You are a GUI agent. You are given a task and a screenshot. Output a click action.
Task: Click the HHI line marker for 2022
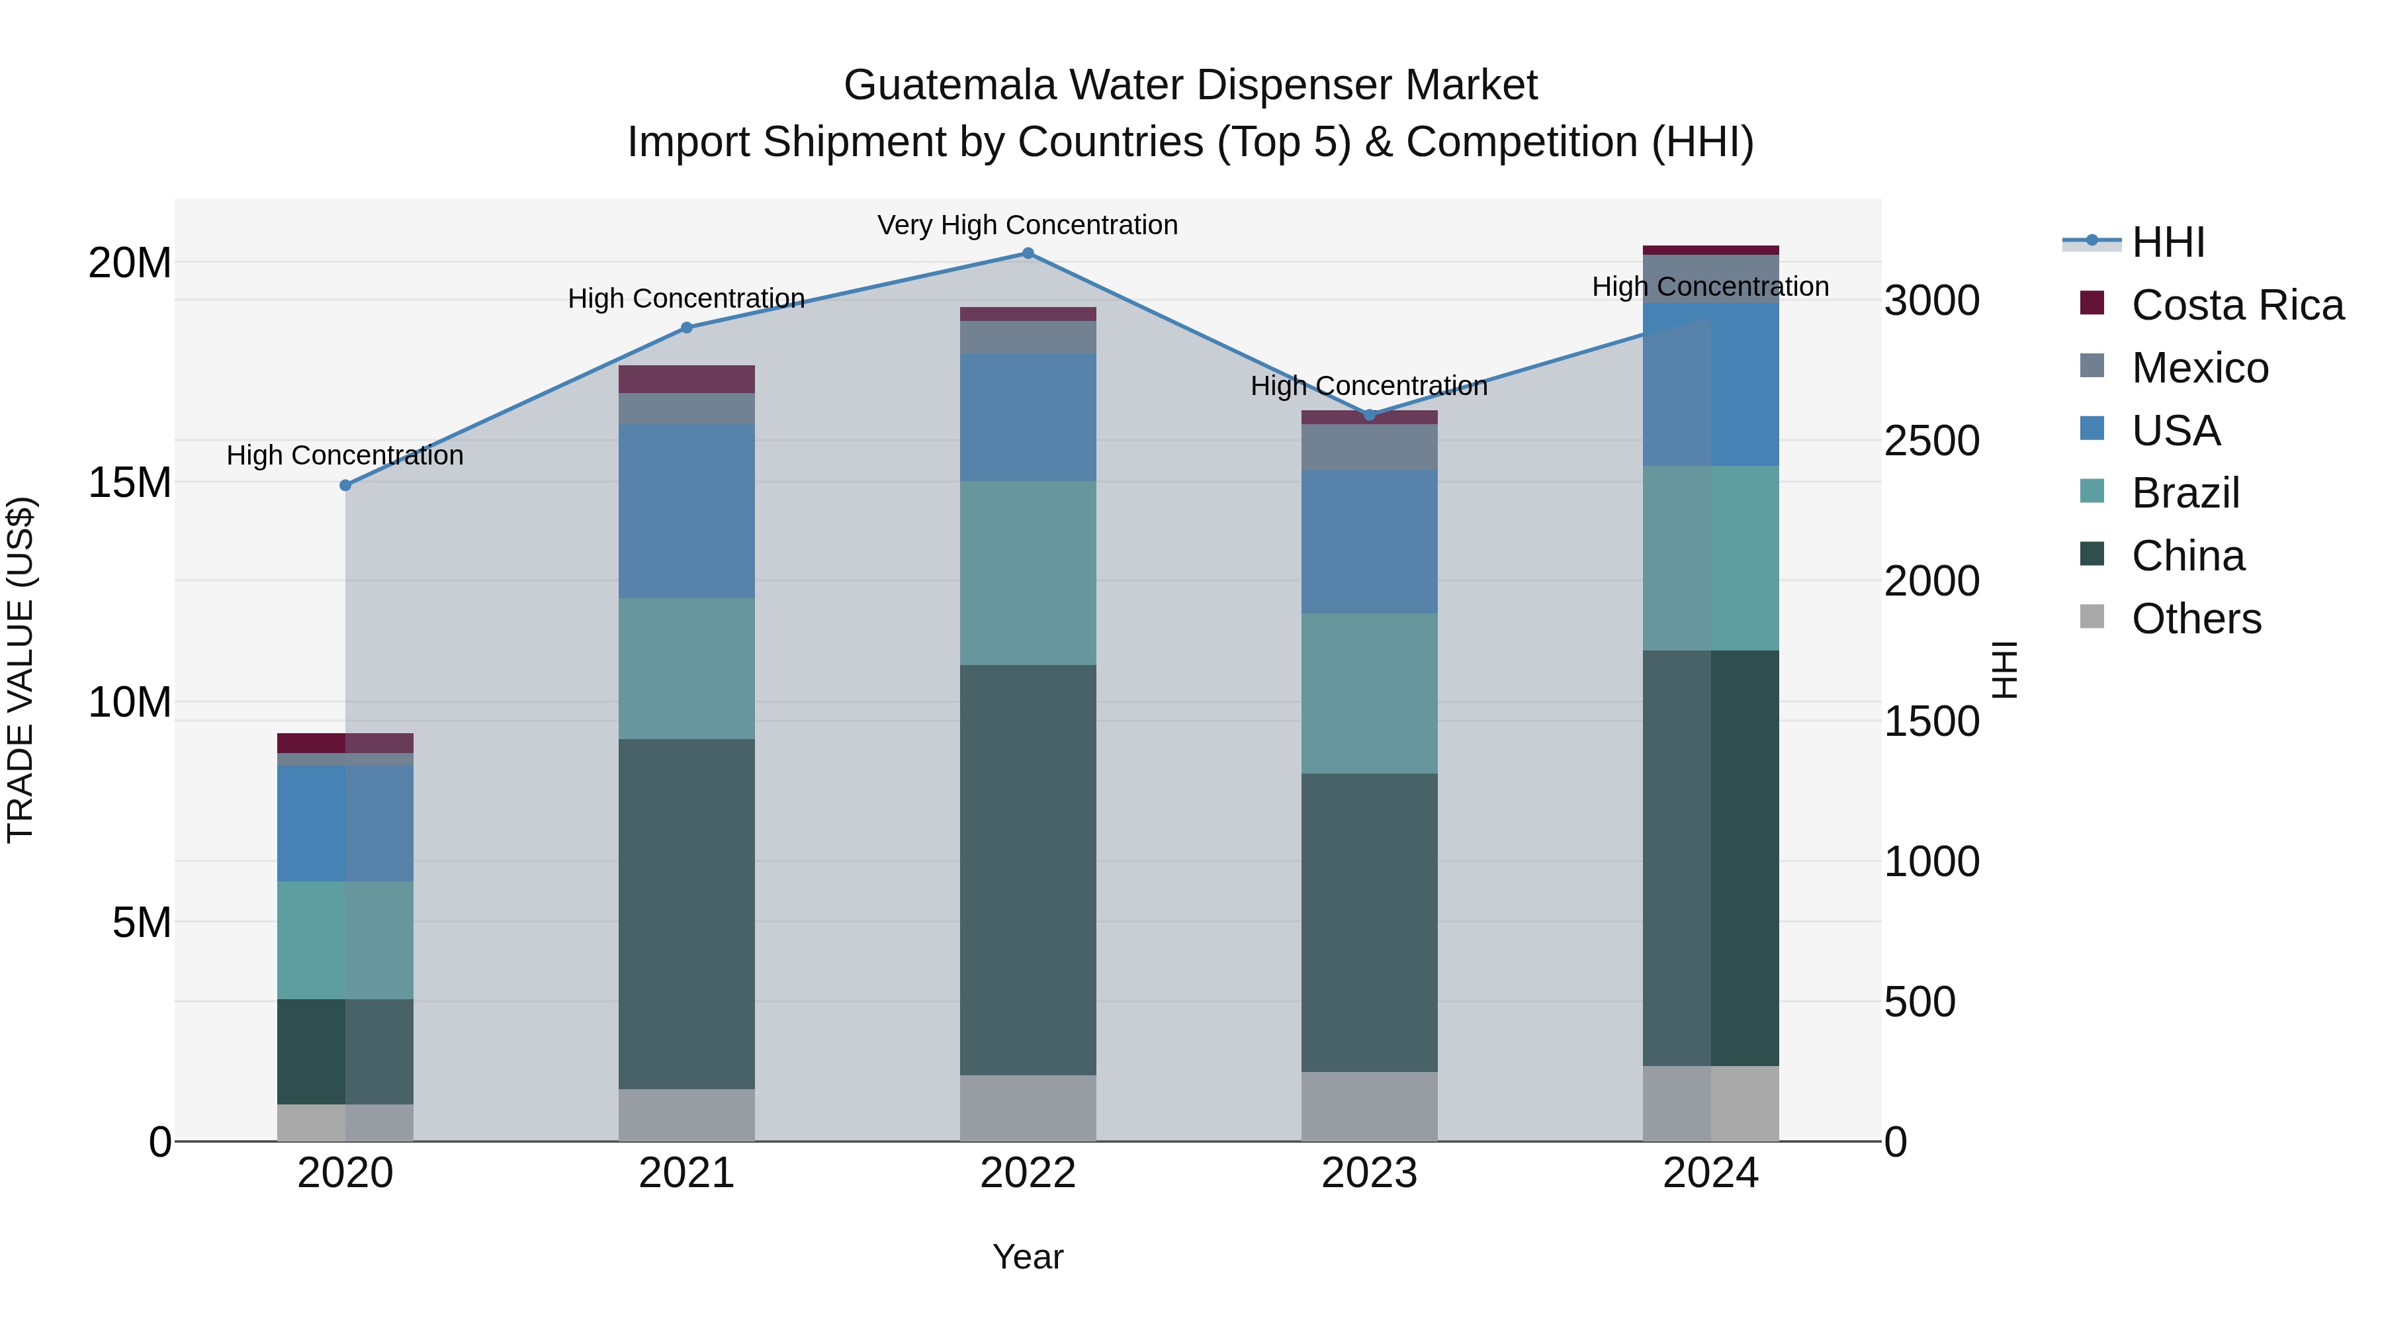coord(1028,253)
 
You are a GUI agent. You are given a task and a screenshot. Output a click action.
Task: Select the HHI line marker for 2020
coord(345,486)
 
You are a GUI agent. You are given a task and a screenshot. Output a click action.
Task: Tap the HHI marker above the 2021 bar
coord(686,328)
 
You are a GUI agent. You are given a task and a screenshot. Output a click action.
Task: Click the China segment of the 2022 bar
coord(1028,870)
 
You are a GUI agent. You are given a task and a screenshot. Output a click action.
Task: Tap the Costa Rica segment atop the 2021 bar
coord(686,379)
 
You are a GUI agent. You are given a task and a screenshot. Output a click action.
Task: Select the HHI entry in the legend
coord(2168,242)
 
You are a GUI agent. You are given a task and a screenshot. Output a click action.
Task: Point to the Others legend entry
coord(2195,619)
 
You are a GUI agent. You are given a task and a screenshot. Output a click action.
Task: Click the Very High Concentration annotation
coord(1028,225)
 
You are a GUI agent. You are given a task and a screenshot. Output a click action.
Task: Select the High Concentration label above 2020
coord(345,455)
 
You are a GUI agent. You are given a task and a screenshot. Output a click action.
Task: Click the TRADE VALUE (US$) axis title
coord(21,670)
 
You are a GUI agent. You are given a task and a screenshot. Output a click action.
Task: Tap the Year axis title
coord(1028,1257)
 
